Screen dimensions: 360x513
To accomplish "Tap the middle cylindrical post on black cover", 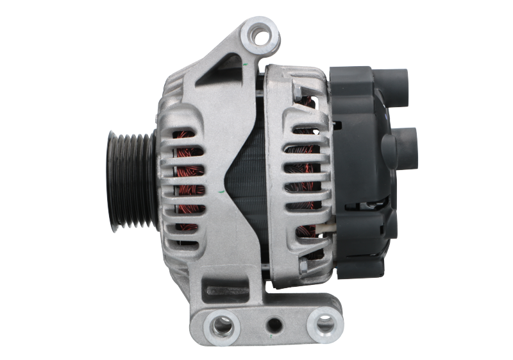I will tap(403, 137).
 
